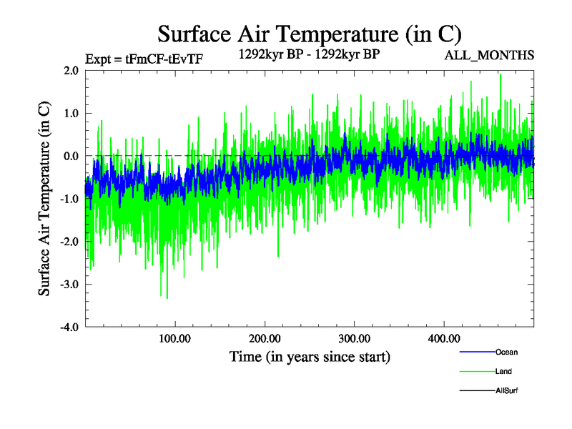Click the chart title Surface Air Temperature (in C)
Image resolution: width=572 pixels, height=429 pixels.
click(310, 34)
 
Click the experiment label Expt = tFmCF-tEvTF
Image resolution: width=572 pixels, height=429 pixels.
click(143, 59)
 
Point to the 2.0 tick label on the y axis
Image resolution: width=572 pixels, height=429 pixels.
click(71, 70)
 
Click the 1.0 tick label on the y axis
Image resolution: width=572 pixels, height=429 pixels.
click(71, 113)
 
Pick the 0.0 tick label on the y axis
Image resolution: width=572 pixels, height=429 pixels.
click(71, 156)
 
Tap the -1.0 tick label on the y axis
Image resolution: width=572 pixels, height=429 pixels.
click(69, 199)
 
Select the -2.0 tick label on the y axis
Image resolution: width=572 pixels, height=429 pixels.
click(69, 242)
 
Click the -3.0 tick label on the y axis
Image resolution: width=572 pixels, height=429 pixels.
click(69, 285)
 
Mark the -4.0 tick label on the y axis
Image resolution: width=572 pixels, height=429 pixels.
click(69, 327)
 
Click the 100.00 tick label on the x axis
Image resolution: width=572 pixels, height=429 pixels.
click(174, 338)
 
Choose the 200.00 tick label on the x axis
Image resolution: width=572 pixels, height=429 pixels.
click(265, 338)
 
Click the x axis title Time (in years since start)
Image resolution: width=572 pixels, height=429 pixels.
click(310, 356)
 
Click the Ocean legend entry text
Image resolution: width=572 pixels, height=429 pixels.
click(506, 352)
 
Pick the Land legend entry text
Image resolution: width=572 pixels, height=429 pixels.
click(503, 371)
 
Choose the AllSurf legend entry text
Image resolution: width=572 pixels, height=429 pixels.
click(507, 390)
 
